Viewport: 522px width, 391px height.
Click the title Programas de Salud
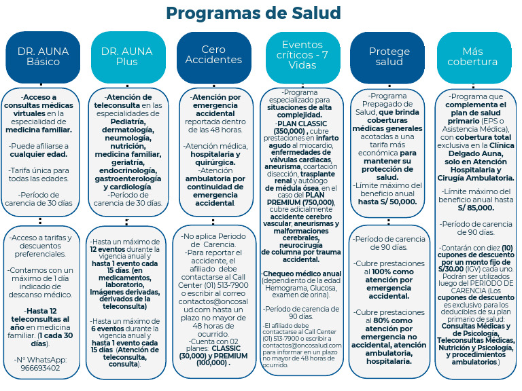pyautogui.click(x=254, y=14)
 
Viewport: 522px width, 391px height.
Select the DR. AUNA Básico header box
pyautogui.click(x=43, y=57)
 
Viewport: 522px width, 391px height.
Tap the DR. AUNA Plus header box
pyautogui.click(x=128, y=57)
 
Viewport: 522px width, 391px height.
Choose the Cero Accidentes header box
pyautogui.click(x=213, y=57)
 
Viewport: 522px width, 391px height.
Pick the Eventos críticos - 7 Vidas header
pyautogui.click(x=302, y=57)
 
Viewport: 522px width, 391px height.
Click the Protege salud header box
pyautogui.click(x=388, y=57)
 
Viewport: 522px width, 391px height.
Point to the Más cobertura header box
pyautogui.click(x=474, y=57)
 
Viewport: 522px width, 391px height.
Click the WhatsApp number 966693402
pyautogui.click(x=40, y=368)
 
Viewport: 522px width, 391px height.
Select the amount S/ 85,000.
pyautogui.click(x=476, y=208)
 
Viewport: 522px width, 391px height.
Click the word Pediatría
pyautogui.click(x=128, y=122)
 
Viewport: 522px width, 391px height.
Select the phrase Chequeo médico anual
pyautogui.click(x=302, y=274)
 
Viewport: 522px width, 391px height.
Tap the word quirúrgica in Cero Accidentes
pyautogui.click(x=215, y=163)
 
